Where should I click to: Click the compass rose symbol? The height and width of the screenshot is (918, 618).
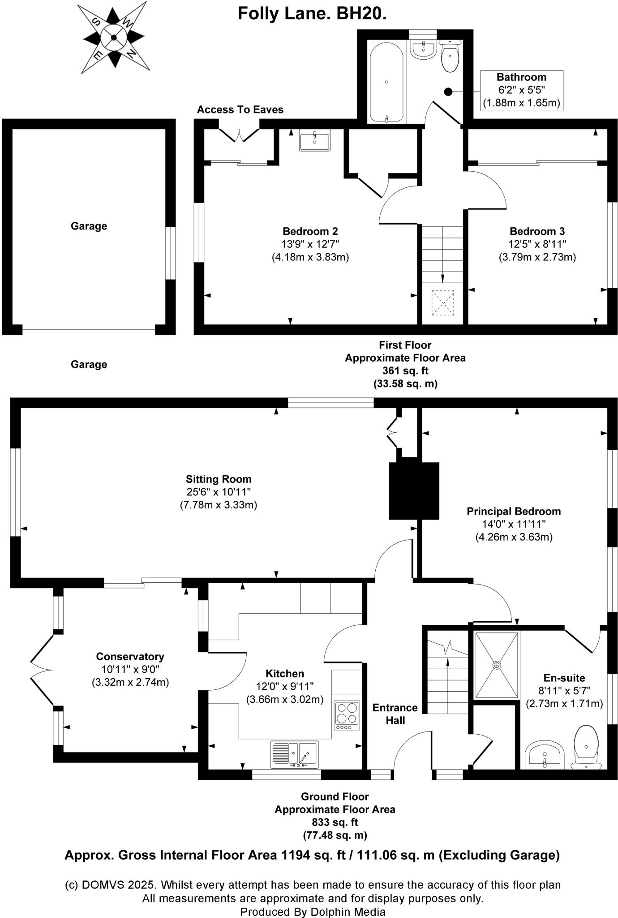114,38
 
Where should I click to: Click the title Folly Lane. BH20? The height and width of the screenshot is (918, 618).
312,14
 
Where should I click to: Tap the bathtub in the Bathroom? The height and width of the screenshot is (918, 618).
386,82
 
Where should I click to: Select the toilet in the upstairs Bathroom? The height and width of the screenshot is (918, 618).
450,56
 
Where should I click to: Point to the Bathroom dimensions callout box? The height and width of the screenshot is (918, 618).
521,90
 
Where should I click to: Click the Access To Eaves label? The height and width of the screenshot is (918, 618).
240,110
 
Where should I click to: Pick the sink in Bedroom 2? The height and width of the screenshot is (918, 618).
314,140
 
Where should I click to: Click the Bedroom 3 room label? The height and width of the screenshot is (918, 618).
537,232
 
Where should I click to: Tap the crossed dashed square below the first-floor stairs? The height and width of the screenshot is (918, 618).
442,303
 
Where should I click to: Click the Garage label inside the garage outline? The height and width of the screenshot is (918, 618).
89,226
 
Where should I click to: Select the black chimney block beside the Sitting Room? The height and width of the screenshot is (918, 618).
414,491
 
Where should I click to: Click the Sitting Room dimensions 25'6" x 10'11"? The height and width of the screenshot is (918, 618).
219,492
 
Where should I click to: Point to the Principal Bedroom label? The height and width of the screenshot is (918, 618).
514,511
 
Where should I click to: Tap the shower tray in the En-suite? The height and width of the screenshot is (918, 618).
496,665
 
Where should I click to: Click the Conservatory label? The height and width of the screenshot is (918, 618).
130,657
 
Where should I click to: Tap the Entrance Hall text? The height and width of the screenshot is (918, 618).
395,714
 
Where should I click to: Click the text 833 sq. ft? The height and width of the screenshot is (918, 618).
335,823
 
